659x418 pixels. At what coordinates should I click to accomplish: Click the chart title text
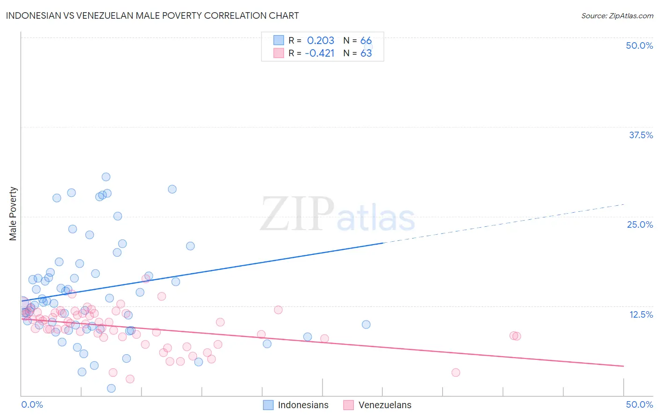pos(152,15)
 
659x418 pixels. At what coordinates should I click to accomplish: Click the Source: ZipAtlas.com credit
pos(617,15)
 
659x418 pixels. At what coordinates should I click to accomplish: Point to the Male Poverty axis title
pos(13,214)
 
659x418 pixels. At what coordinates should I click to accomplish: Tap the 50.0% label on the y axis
pos(639,45)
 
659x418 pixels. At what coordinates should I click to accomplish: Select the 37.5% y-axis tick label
pos(641,135)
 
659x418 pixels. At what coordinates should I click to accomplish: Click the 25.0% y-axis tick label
pos(640,224)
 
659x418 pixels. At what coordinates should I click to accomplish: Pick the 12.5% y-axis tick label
pos(641,314)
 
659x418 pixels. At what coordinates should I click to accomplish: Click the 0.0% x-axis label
pos(32,404)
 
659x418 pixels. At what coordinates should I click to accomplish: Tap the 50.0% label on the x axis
pos(639,404)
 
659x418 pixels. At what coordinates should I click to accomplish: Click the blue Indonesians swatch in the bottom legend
pos(268,405)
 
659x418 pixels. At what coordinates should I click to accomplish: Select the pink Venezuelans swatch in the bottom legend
pos(348,405)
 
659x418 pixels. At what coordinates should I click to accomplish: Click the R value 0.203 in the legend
pos(321,41)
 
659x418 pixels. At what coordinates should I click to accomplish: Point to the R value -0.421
pos(320,53)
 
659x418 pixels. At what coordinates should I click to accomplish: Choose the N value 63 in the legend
pos(366,53)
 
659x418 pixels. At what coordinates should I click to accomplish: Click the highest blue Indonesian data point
pos(106,177)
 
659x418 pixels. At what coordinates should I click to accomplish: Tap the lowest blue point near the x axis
pos(111,388)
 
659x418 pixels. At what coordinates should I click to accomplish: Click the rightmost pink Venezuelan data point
pos(517,336)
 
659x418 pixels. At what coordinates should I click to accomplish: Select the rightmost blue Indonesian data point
pos(366,324)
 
